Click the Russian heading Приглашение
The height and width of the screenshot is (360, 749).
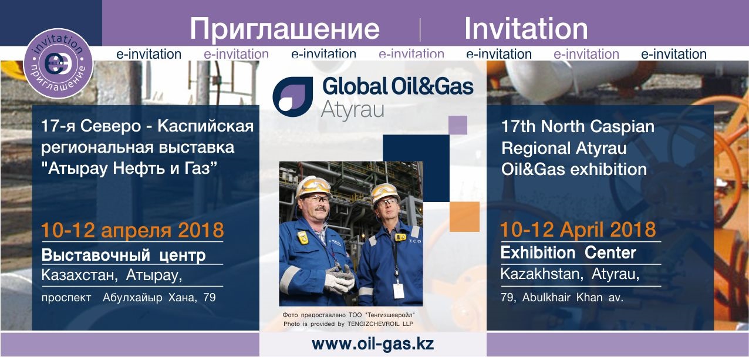click(x=285, y=29)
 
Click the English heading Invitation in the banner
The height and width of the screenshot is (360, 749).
click(x=526, y=28)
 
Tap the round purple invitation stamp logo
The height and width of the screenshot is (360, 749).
click(x=58, y=63)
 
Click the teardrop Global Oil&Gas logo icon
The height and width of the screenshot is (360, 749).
click(x=293, y=96)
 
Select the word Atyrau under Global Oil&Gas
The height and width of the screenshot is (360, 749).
click(x=352, y=110)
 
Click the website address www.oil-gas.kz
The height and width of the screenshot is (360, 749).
click(x=373, y=344)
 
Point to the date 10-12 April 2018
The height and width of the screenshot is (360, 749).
click(x=578, y=230)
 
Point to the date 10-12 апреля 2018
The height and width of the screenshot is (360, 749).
click(x=133, y=230)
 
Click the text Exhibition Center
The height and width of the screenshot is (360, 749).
click(x=568, y=253)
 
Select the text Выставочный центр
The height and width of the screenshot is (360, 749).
click(x=123, y=255)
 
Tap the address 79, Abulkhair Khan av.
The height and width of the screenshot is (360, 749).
click(x=562, y=297)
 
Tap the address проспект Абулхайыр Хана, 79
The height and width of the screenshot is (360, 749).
click(x=129, y=297)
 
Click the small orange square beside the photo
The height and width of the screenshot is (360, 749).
click(x=464, y=217)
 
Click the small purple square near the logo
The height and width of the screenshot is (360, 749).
click(x=458, y=125)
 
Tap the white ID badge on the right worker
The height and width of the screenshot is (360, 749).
click(x=399, y=291)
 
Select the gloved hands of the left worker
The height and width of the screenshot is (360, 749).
click(x=339, y=280)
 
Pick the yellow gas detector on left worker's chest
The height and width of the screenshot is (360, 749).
click(x=303, y=237)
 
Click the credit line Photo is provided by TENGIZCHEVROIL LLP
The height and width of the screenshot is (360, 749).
click(x=349, y=324)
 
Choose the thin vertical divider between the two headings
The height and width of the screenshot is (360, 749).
click(x=420, y=30)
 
